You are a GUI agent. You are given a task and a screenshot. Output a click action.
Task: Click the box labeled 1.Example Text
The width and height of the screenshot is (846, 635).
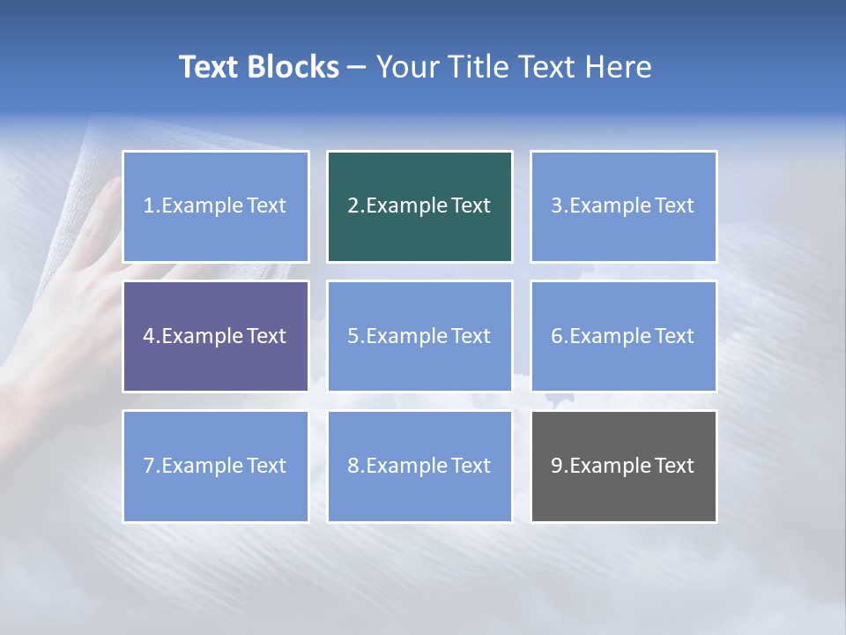click(x=216, y=206)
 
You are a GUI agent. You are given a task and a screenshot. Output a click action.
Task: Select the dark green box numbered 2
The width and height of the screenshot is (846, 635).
click(x=419, y=206)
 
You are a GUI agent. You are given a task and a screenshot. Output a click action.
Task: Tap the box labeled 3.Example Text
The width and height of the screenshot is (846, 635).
click(x=623, y=206)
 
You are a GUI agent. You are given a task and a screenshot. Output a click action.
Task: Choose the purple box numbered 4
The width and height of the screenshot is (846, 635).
click(x=216, y=336)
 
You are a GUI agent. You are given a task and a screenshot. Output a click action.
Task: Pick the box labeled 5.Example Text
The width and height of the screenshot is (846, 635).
click(x=419, y=336)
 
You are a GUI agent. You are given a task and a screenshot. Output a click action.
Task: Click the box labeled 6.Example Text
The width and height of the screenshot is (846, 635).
click(x=623, y=336)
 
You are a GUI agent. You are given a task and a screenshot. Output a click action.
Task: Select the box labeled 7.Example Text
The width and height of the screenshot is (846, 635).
click(x=216, y=466)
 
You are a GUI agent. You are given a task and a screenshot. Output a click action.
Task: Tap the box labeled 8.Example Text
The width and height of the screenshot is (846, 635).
click(x=419, y=466)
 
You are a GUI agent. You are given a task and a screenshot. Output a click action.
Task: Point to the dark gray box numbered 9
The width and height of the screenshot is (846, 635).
click(x=623, y=466)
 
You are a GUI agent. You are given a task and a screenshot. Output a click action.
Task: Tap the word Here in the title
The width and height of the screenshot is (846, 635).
click(x=620, y=67)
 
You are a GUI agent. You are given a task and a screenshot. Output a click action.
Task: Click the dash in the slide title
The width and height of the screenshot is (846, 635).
click(x=357, y=67)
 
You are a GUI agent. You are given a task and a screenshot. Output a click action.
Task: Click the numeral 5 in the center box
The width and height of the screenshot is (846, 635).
click(x=352, y=336)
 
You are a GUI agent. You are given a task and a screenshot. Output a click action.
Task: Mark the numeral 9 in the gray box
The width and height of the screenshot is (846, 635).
click(x=557, y=466)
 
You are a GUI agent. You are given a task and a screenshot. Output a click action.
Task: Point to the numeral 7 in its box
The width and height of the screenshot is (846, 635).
click(x=149, y=466)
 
